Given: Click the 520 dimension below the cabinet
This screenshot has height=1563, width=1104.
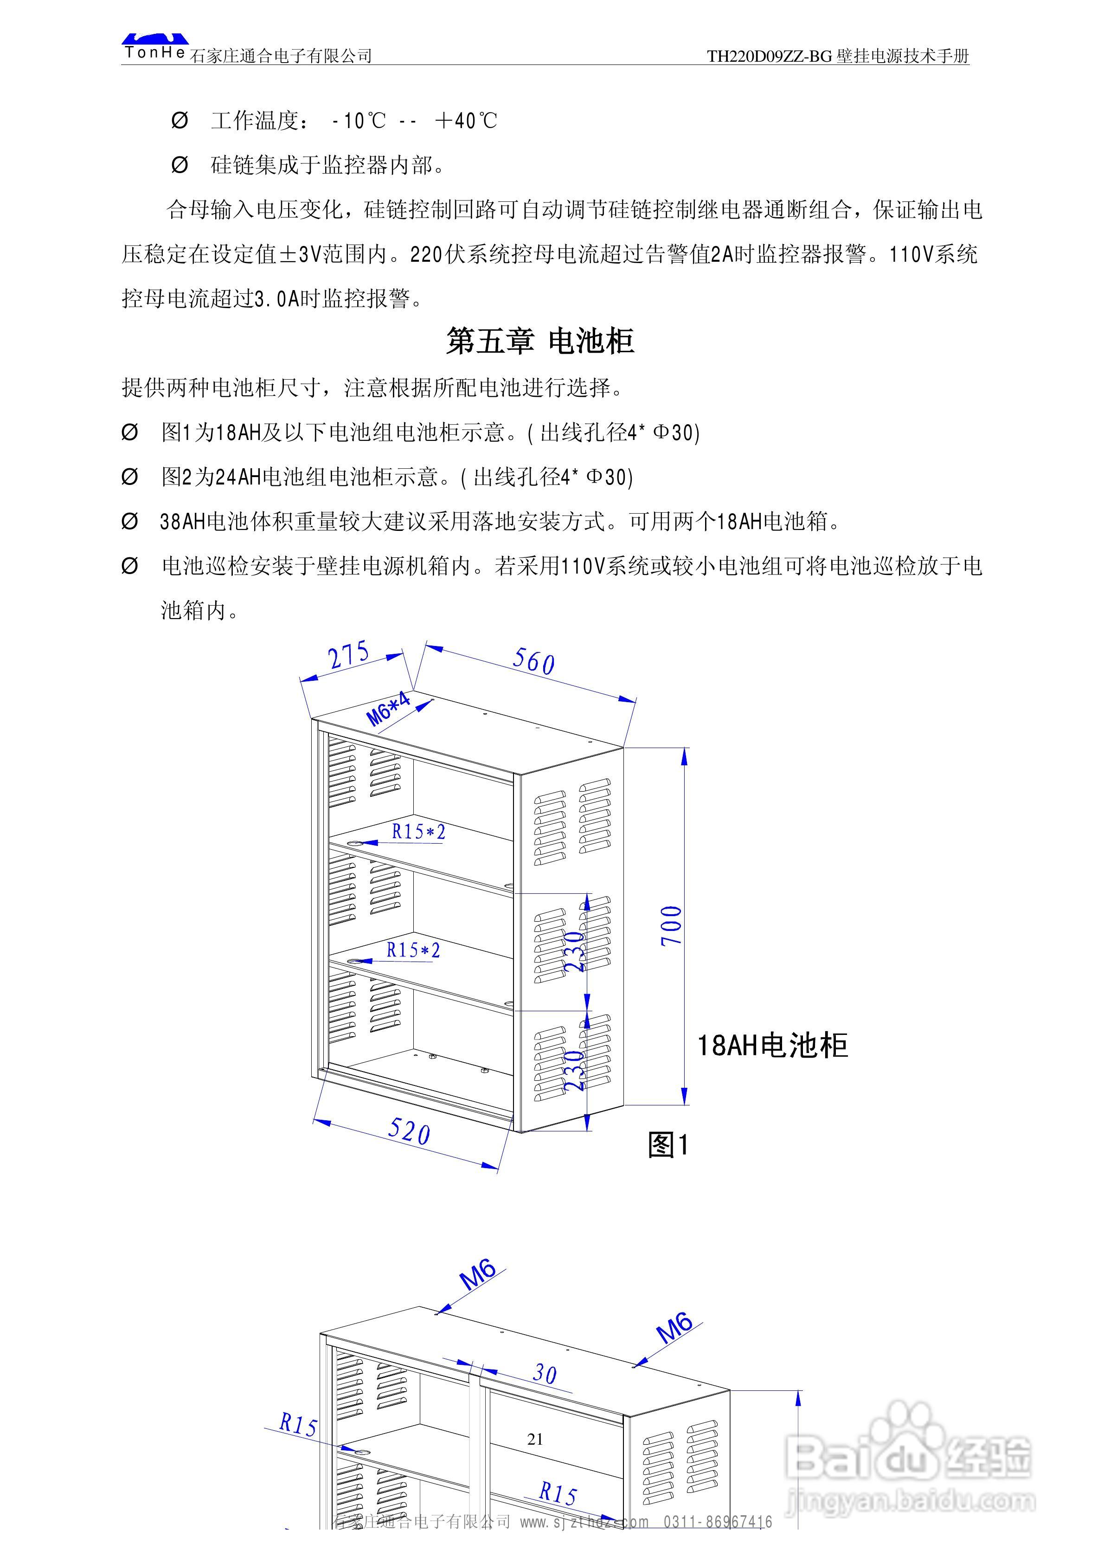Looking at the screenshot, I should point(409,1131).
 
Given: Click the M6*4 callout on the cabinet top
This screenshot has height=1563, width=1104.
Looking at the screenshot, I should point(389,709).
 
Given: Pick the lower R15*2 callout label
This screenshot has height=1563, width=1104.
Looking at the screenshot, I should point(413,949).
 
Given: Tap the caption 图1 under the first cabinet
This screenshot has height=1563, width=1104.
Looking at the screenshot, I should point(668,1145).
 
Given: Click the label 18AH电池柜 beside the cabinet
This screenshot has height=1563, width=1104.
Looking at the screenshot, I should point(772,1046).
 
